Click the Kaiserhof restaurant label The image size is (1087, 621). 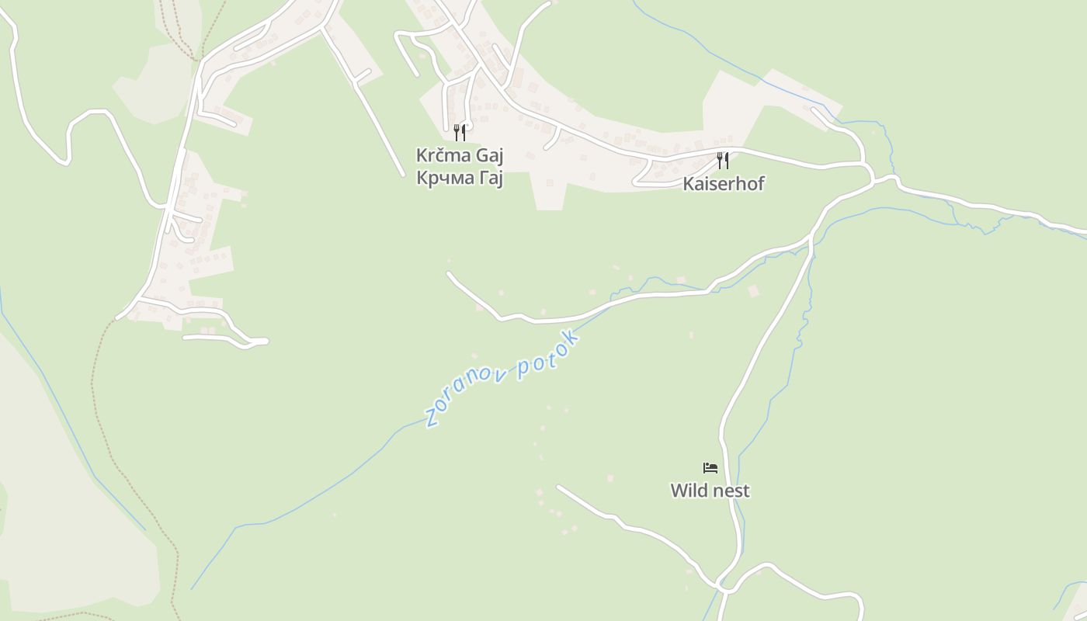pos(724,184)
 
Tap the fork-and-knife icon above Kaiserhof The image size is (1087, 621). pos(723,160)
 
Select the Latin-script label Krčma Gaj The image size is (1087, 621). pos(460,155)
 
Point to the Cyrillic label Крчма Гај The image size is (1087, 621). pos(460,178)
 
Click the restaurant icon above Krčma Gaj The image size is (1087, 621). pos(460,132)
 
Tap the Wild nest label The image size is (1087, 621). pos(710,491)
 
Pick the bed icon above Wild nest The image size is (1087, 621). pos(710,467)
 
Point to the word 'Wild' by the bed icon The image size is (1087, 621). pos(688,491)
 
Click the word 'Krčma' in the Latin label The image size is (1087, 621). pos(444,155)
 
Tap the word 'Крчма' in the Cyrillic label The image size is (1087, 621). pos(443,178)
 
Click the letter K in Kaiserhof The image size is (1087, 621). pos(688,184)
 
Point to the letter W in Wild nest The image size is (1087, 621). pos(678,491)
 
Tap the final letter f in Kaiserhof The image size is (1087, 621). pos(761,183)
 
